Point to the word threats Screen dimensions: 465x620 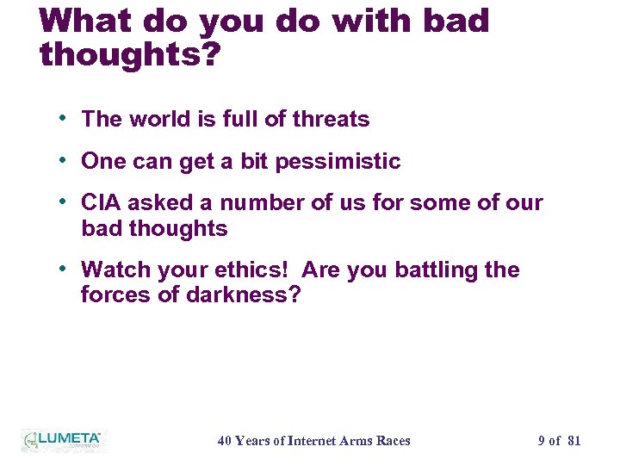[331, 120]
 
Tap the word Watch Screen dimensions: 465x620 [114, 270]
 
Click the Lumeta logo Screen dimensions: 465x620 [62, 440]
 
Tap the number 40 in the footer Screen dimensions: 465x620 [225, 441]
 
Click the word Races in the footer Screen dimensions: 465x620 [393, 441]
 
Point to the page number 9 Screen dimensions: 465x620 [542, 441]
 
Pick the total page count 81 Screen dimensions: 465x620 [574, 441]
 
